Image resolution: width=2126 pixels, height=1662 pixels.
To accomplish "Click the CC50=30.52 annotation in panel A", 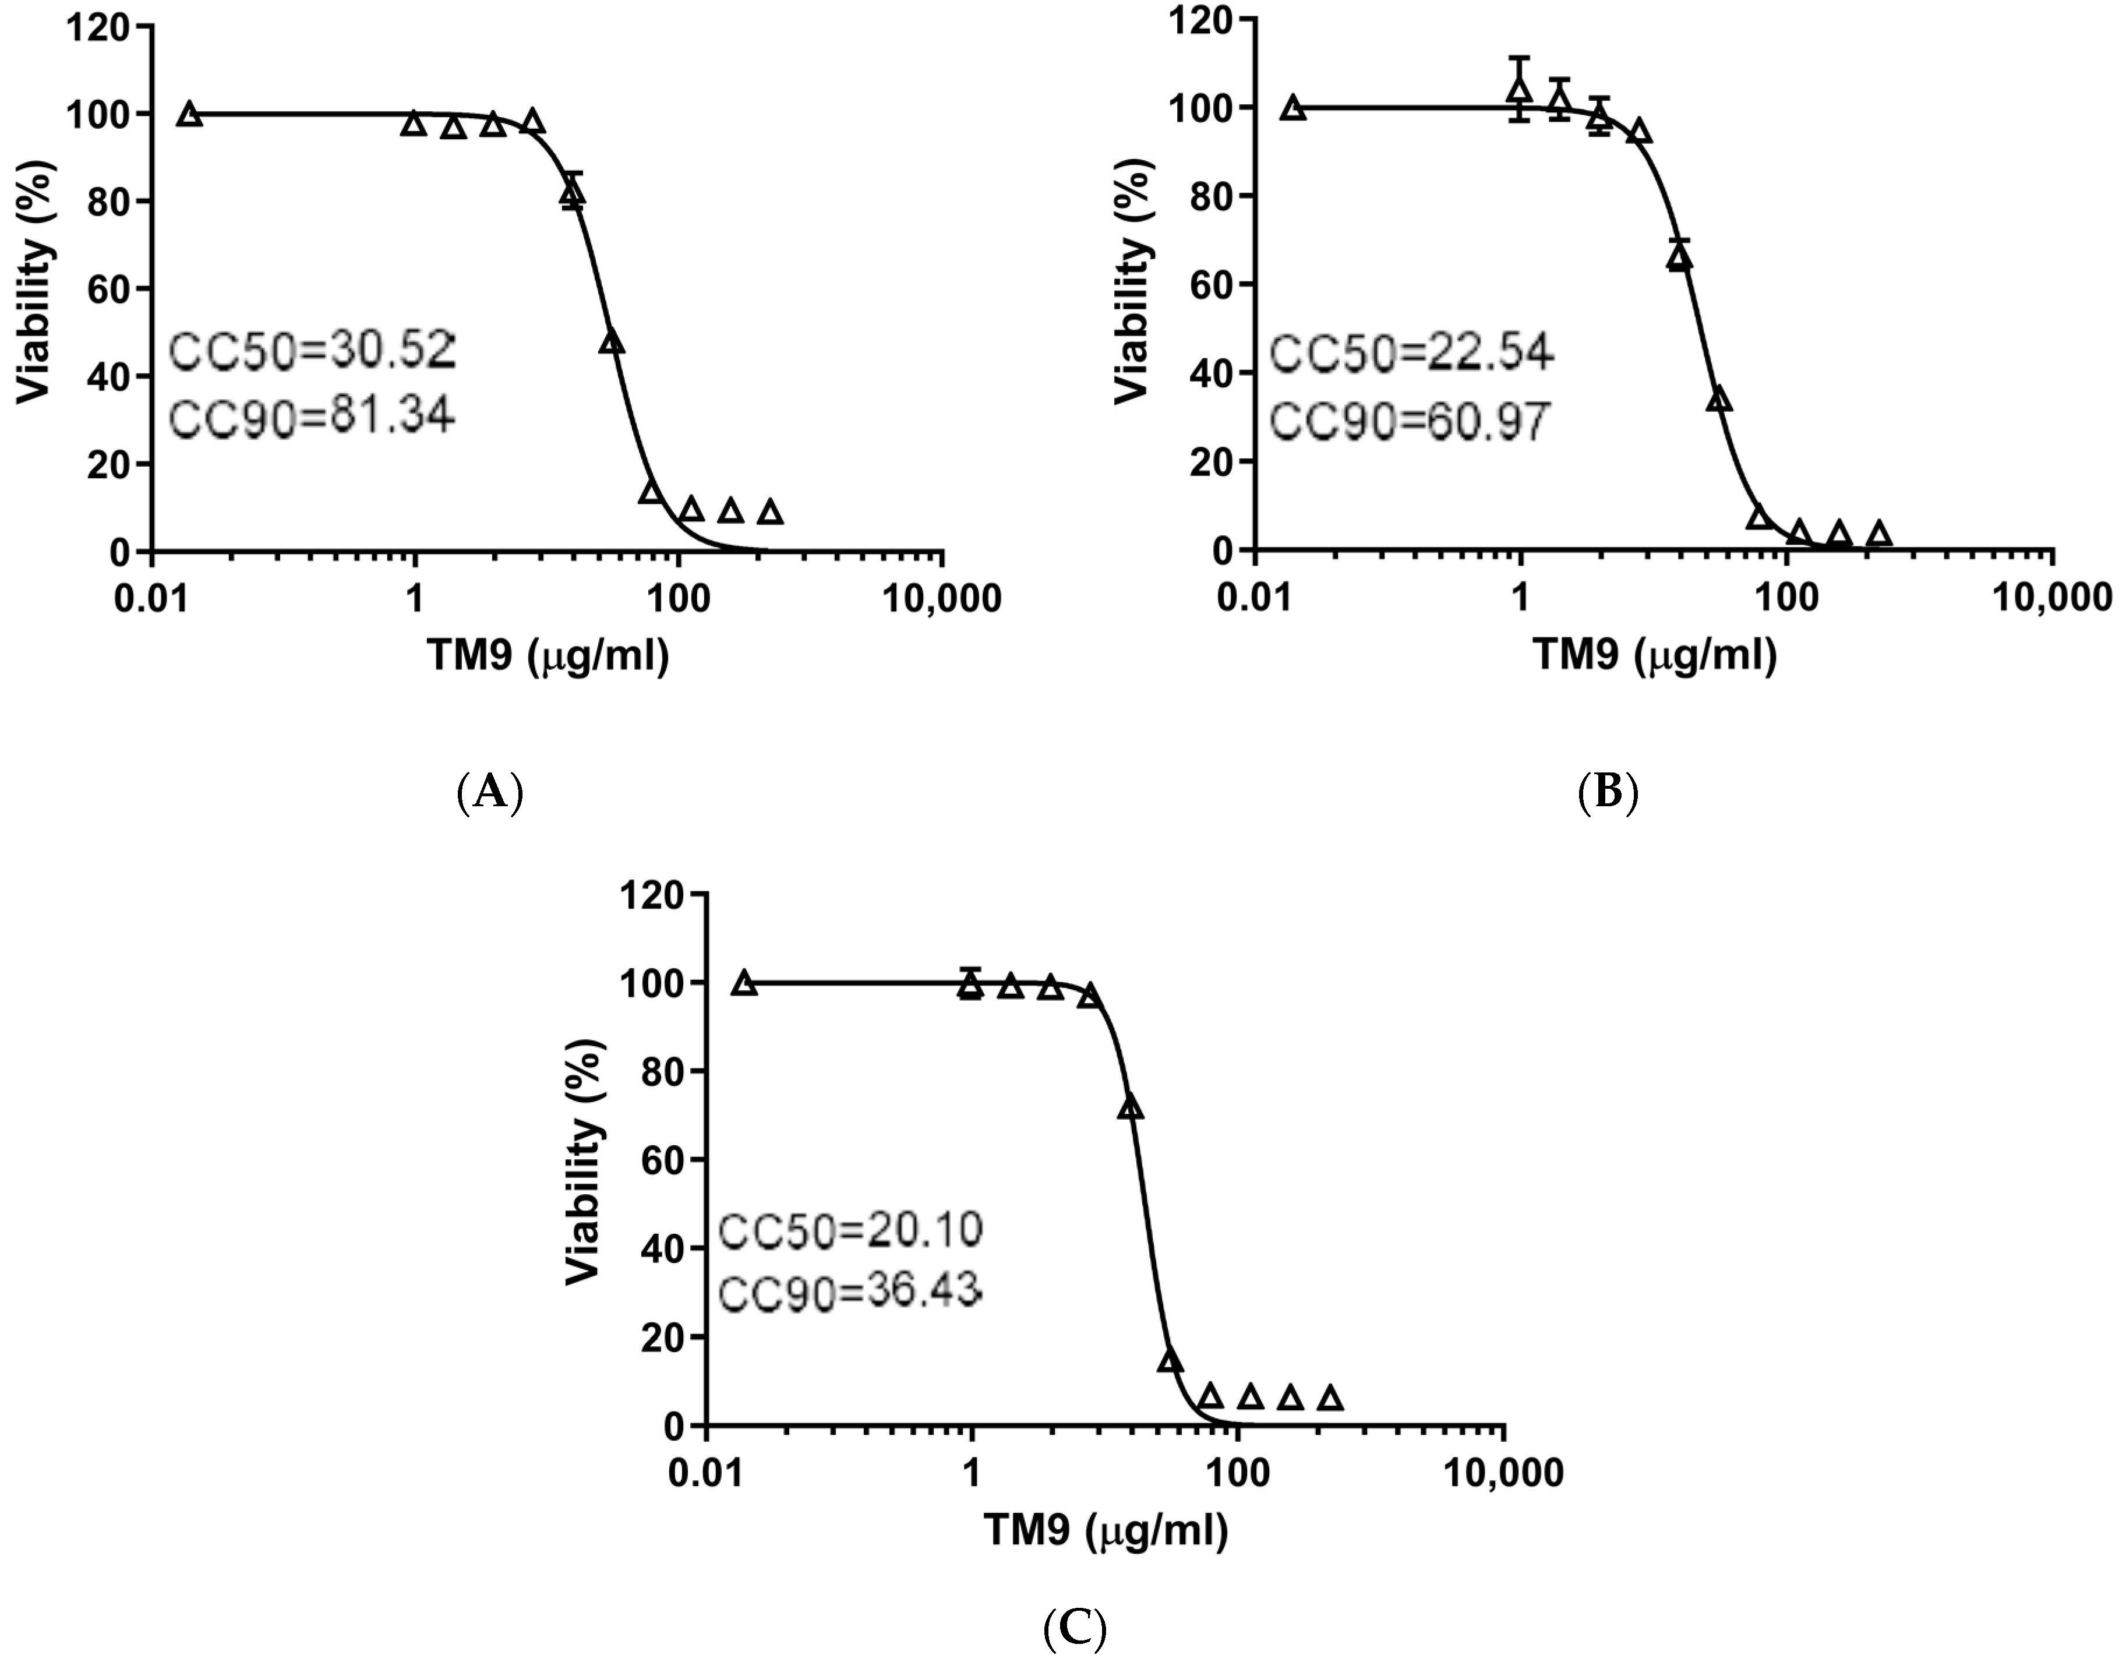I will tap(312, 351).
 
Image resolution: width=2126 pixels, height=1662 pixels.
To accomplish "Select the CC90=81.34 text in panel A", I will tap(312, 417).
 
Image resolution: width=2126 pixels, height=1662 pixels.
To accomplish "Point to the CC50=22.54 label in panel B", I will tap(1411, 352).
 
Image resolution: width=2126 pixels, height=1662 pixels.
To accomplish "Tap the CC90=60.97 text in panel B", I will tap(1410, 422).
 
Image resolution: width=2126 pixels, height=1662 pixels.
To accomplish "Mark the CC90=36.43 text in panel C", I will tap(849, 1293).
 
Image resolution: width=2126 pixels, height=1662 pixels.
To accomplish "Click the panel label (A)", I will tap(490, 792).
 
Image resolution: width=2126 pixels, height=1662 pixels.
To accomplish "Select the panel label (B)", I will tap(1607, 792).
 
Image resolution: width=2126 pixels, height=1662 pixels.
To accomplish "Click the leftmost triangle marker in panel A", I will tap(191, 115).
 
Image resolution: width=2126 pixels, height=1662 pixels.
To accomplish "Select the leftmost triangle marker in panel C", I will tap(745, 983).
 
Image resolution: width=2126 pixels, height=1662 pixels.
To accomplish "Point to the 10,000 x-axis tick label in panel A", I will tap(942, 599).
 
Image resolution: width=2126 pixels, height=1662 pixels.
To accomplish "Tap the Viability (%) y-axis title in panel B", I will tap(1132, 280).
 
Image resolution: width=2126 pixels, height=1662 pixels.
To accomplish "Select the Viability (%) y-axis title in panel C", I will tap(584, 1162).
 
